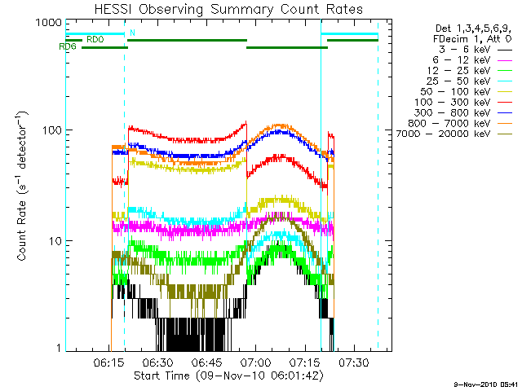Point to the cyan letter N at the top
click(132, 32)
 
